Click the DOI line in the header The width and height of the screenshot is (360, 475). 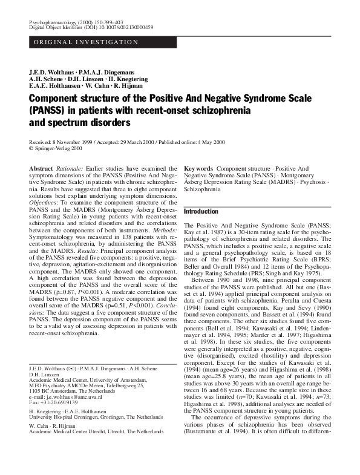point(91,28)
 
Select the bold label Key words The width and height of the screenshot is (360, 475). point(198,168)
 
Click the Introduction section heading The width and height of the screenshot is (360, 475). point(201,212)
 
